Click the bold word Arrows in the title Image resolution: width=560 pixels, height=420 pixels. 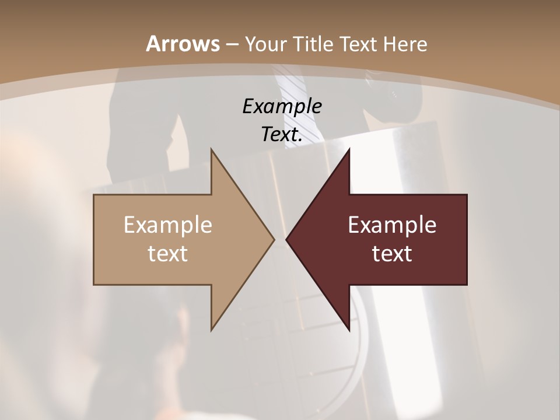click(183, 44)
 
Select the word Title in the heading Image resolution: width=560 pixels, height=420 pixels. click(313, 44)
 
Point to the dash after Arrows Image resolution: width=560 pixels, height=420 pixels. click(232, 45)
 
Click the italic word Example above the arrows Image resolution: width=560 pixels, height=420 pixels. click(282, 107)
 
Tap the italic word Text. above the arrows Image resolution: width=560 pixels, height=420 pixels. click(281, 135)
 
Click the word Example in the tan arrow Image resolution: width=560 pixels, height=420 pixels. click(167, 225)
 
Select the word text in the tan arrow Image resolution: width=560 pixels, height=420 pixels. click(167, 254)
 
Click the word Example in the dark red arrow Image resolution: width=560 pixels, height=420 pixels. click(392, 225)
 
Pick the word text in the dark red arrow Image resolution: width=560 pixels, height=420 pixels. click(392, 254)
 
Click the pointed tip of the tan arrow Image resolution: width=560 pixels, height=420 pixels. click(274, 239)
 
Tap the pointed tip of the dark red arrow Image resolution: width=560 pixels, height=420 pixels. click(286, 239)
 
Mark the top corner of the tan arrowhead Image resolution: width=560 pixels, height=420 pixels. click(212, 149)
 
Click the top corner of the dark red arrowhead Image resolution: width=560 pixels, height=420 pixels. click(349, 149)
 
